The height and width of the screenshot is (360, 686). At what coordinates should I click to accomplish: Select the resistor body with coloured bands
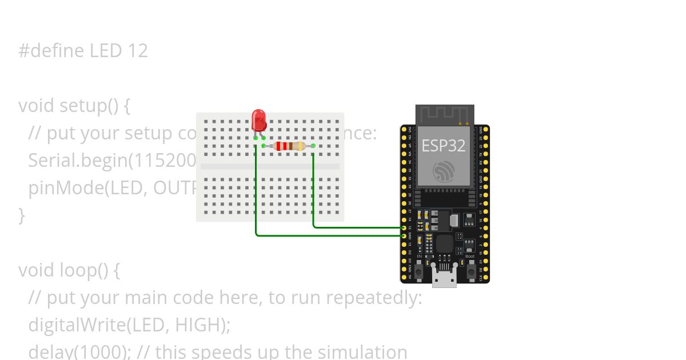point(289,146)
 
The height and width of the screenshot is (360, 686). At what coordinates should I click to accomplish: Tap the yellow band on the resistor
point(300,146)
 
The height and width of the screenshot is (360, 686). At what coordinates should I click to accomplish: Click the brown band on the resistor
point(291,146)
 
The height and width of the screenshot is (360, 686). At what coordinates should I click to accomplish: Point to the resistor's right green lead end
point(313,146)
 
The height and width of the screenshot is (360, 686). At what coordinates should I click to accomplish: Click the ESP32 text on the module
point(444,145)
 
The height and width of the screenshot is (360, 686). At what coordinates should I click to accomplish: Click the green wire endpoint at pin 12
point(404,227)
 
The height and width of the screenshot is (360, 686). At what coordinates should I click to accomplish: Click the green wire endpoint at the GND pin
point(404,235)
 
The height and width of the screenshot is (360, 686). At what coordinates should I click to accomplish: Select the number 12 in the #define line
point(138,51)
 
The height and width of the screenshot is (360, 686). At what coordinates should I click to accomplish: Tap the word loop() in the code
point(90,270)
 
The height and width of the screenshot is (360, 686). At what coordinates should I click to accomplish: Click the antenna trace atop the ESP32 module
point(445,114)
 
